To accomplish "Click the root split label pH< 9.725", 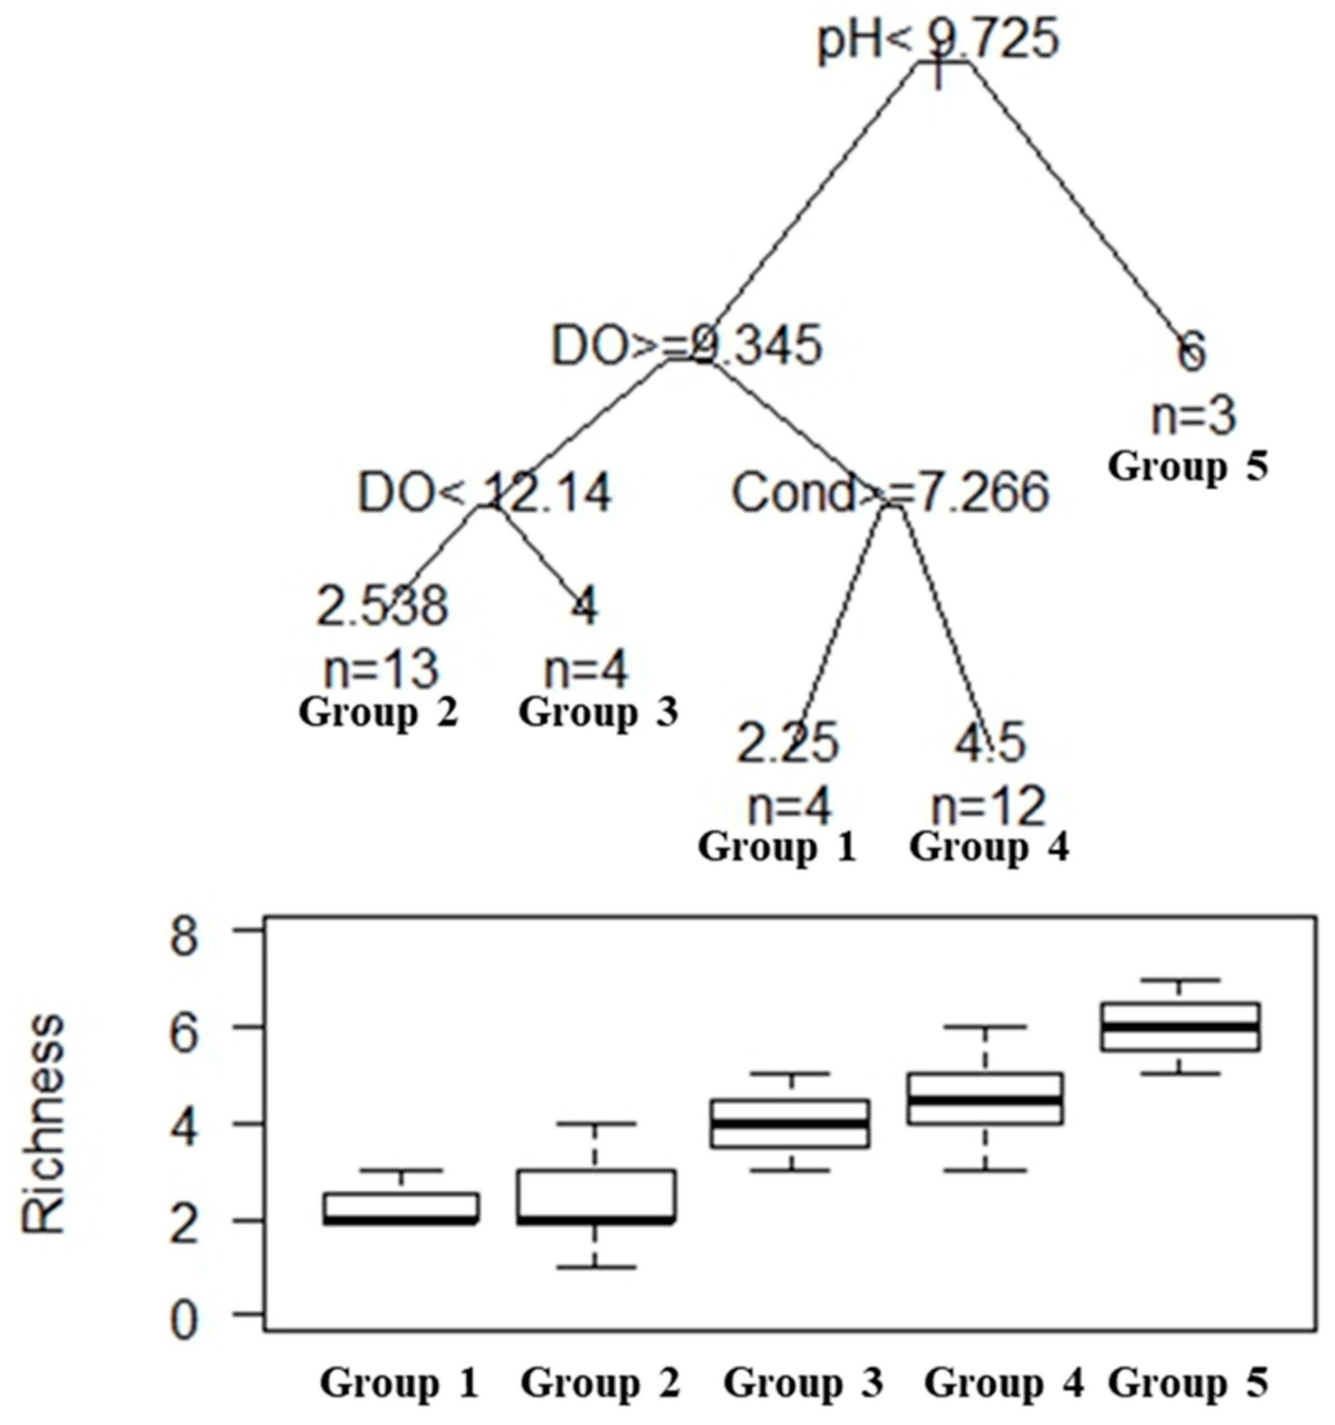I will point(938,40).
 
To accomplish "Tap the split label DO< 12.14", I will point(484,493).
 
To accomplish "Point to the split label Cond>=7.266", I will point(890,493).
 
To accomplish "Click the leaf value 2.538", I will point(382,606).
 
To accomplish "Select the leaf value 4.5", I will point(990,743).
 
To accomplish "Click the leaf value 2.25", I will point(787,743).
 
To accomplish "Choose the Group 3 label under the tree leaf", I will point(598,712).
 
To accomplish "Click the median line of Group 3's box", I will point(790,1123).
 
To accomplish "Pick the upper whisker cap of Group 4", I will point(990,1027).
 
